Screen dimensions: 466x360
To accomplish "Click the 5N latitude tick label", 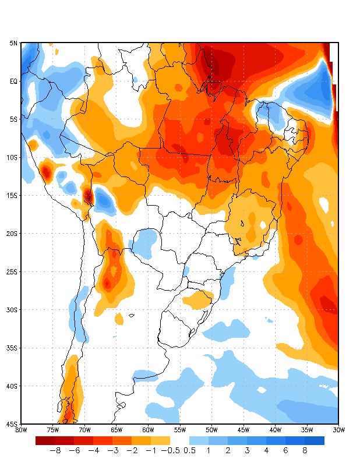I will [13, 43].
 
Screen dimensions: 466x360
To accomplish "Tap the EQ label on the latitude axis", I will [13, 82].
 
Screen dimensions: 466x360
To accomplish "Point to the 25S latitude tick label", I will [12, 271].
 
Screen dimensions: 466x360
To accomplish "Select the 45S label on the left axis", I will [12, 424].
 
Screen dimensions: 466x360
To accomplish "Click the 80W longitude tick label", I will [21, 430].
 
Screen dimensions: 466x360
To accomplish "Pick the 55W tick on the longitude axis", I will [179, 430].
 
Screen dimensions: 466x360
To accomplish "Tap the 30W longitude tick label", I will [338, 430].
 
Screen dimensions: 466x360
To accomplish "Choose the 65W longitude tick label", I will [116, 430].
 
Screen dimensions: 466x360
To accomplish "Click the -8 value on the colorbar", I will [55, 451].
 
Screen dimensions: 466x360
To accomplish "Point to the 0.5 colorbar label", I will [189, 451].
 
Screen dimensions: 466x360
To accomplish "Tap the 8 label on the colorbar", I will [305, 451].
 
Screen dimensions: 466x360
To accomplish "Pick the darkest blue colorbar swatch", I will [315, 440].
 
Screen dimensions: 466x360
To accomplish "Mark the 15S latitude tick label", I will [12, 196].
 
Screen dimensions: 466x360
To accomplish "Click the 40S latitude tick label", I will [12, 386].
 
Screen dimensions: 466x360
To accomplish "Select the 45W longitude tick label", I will [243, 430].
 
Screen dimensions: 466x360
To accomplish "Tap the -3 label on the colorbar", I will [112, 451].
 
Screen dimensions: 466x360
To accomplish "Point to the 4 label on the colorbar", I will [266, 451].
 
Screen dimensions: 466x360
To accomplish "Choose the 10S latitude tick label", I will [12, 158].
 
